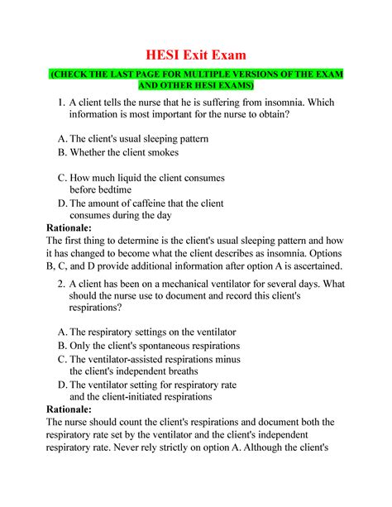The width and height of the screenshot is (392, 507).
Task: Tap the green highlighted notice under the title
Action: pyautogui.click(x=196, y=80)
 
